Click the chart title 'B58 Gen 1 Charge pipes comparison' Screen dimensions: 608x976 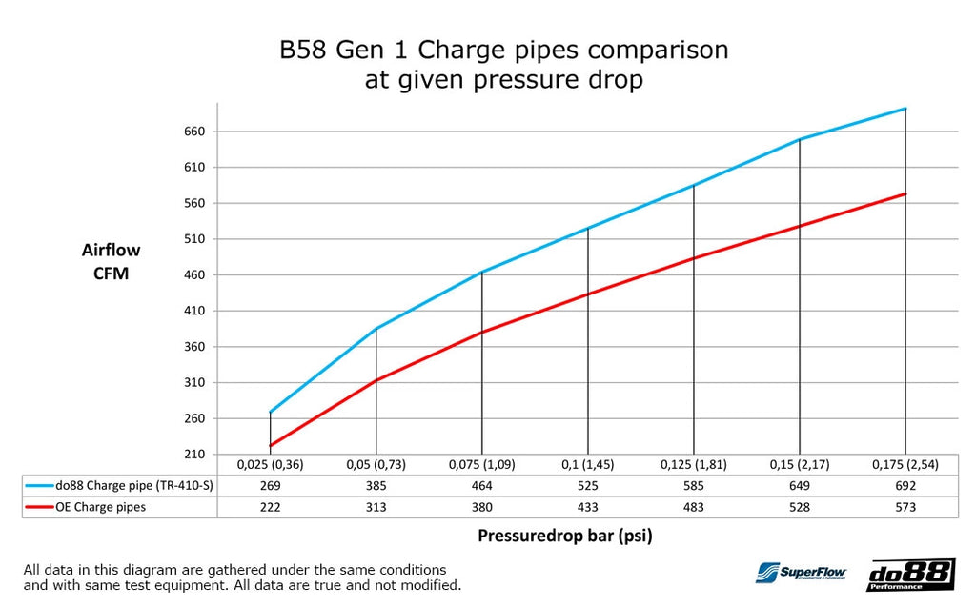[x=503, y=50]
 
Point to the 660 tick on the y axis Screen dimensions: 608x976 [x=194, y=132]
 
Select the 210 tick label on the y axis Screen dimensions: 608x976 [x=194, y=455]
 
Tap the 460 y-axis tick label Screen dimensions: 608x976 [x=194, y=275]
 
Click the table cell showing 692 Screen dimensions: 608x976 [x=905, y=485]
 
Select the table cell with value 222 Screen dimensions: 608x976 [x=271, y=507]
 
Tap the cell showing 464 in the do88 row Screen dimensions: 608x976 [x=482, y=485]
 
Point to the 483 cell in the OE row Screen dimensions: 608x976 [x=694, y=507]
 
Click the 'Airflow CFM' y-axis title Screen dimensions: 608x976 [x=111, y=261]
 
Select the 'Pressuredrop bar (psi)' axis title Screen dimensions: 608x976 [x=564, y=535]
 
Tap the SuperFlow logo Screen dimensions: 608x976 [x=801, y=573]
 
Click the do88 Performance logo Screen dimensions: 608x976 [x=910, y=575]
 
